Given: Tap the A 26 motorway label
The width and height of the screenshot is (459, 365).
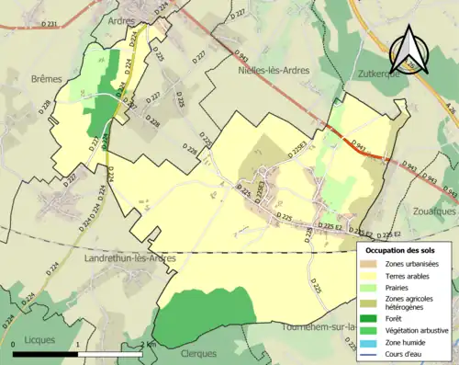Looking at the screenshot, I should pos(447,110).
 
